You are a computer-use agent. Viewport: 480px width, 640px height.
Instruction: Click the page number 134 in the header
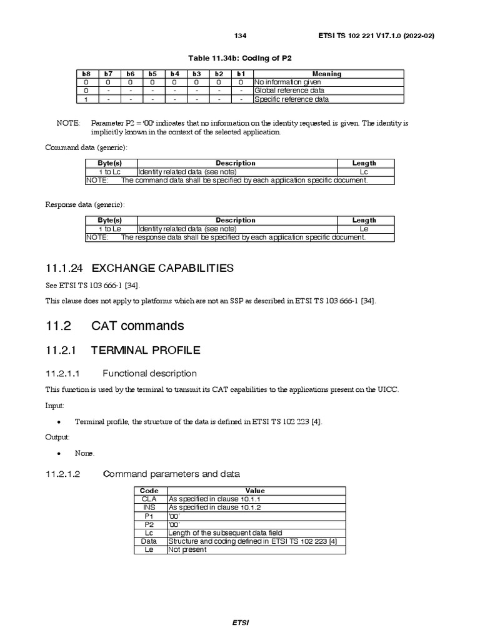pyautogui.click(x=241, y=35)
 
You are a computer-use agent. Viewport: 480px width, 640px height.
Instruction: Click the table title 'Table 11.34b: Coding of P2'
pyautogui.click(x=240, y=57)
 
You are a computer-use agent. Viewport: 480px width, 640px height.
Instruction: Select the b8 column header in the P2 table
pyautogui.click(x=86, y=74)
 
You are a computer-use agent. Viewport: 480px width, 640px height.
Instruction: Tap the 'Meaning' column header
pyautogui.click(x=327, y=74)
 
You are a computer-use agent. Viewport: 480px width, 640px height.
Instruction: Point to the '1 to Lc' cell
pyautogui.click(x=110, y=172)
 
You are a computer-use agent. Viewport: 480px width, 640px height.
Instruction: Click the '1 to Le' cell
pyautogui.click(x=110, y=229)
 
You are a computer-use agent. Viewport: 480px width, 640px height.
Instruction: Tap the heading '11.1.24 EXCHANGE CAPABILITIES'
pyautogui.click(x=139, y=268)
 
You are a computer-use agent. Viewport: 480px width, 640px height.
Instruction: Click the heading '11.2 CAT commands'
pyautogui.click(x=115, y=326)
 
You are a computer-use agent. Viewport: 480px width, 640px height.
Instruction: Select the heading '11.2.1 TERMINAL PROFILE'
pyautogui.click(x=123, y=351)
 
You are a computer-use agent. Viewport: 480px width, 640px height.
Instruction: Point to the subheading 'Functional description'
pyautogui.click(x=149, y=374)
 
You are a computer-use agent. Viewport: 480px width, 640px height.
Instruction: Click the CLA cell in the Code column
pyautogui.click(x=149, y=499)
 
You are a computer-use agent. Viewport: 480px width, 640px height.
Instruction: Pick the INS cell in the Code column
pyautogui.click(x=149, y=507)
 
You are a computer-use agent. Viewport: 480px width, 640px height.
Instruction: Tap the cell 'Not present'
pyautogui.click(x=187, y=550)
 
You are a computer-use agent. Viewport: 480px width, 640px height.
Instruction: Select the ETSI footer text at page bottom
pyautogui.click(x=241, y=623)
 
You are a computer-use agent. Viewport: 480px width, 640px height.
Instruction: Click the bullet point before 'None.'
pyautogui.click(x=57, y=453)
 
